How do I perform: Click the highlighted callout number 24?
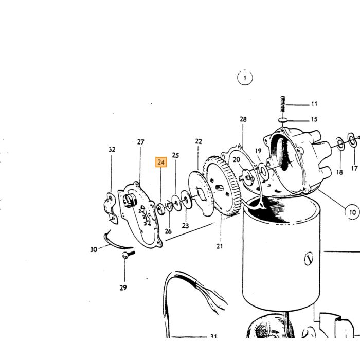[x=161, y=163]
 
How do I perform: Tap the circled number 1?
[x=245, y=78]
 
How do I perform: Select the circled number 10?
[x=352, y=212]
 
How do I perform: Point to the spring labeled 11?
[x=283, y=104]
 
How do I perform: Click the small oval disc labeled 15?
[x=283, y=120]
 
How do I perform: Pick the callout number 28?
[x=243, y=119]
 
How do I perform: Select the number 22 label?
[x=199, y=141]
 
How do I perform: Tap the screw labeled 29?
[x=128, y=255]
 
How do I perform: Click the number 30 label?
[x=94, y=249]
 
